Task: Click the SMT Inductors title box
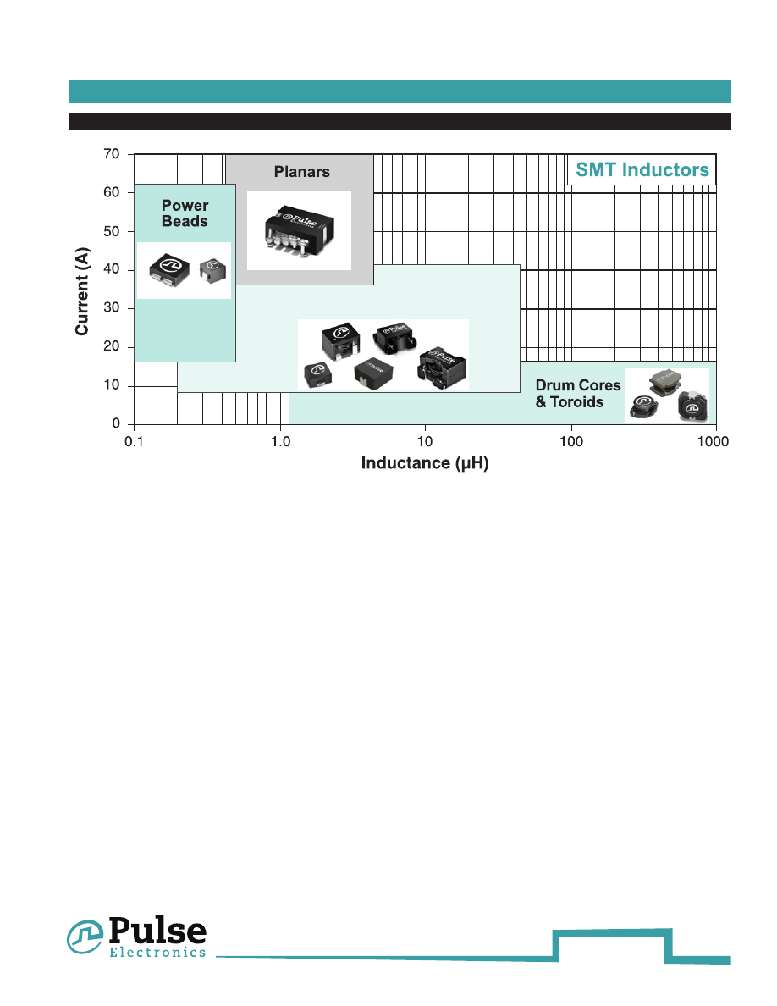click(x=642, y=169)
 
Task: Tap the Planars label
click(x=301, y=172)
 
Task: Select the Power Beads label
click(x=185, y=213)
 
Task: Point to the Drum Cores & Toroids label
click(x=578, y=394)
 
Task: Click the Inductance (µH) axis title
click(x=425, y=463)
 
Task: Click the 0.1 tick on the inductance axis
click(x=134, y=440)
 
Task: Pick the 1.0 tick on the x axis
click(x=280, y=440)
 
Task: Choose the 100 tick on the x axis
click(x=571, y=440)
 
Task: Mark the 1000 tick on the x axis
click(x=714, y=440)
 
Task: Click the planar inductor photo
click(x=298, y=229)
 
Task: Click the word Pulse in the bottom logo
click(x=157, y=931)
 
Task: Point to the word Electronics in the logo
click(x=157, y=953)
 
